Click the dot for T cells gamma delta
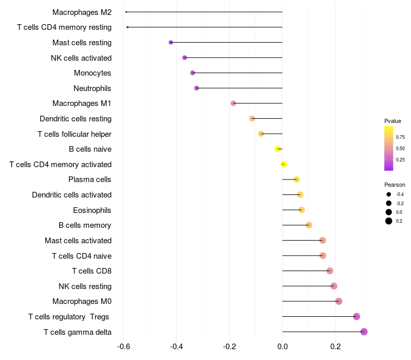(x=364, y=332)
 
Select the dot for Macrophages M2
(x=126, y=12)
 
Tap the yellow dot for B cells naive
(x=277, y=149)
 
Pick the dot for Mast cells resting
(x=171, y=42)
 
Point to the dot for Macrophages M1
(x=233, y=103)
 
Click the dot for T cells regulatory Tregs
(x=356, y=316)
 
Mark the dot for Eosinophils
(x=302, y=210)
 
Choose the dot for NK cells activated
(x=184, y=58)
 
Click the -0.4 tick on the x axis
(x=176, y=347)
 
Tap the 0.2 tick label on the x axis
(x=335, y=347)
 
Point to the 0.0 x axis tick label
(x=282, y=347)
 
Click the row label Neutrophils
(x=92, y=88)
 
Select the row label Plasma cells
(x=89, y=179)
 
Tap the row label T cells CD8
(x=92, y=271)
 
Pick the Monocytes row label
(x=92, y=73)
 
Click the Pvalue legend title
(x=393, y=121)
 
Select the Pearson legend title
(x=395, y=185)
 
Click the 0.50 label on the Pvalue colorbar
(x=400, y=149)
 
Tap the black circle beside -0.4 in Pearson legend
(x=389, y=194)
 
